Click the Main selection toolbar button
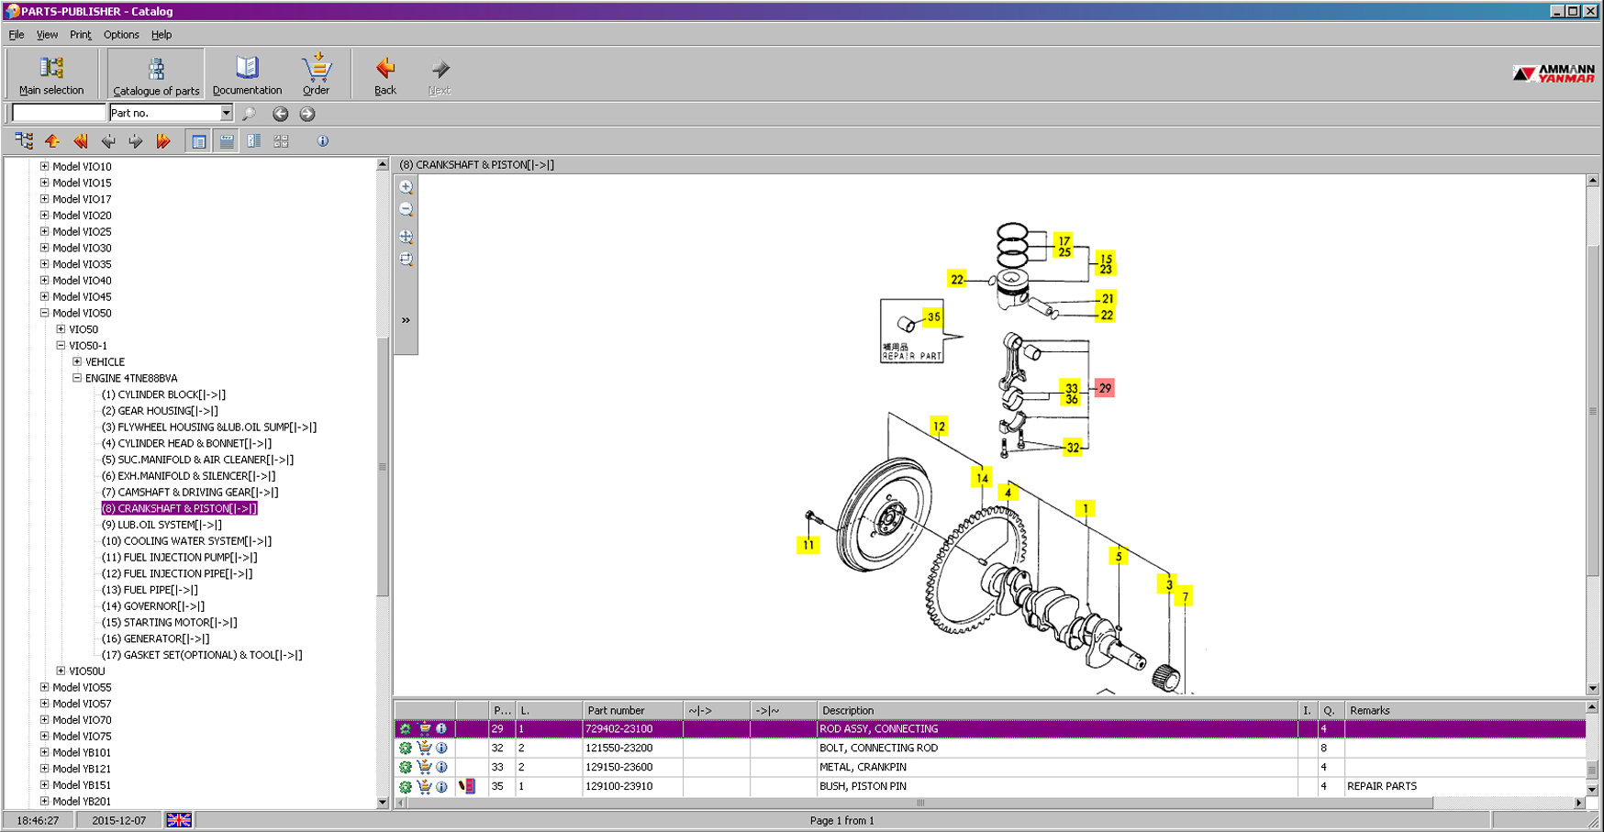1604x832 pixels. coord(51,74)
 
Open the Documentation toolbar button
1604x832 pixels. coord(247,74)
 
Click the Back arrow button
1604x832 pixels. coord(385,74)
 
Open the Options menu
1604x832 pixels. coord(121,35)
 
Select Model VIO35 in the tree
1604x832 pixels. coord(82,264)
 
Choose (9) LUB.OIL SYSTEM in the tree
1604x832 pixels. coord(162,525)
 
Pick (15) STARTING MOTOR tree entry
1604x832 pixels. coord(169,622)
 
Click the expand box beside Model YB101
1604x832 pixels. coord(44,752)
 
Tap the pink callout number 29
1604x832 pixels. coord(1105,388)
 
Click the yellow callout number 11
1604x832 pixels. coord(808,545)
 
